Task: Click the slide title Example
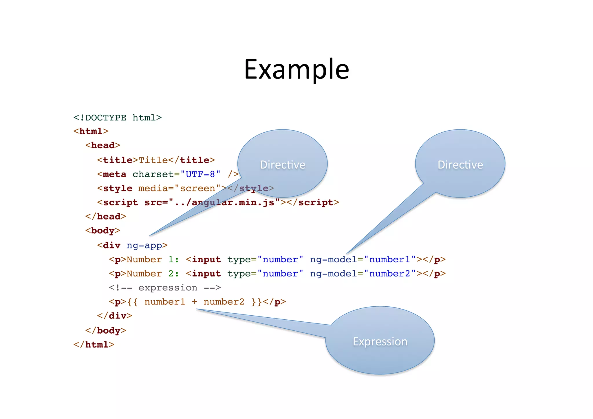pos(296,70)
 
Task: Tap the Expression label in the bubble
pos(380,342)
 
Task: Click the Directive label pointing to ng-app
pos(282,165)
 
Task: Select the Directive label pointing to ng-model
pos(460,165)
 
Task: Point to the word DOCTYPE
pos(105,118)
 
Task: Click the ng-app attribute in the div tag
pos(144,246)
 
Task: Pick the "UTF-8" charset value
pos(200,174)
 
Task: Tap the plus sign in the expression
pos(194,302)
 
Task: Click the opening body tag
pos(103,231)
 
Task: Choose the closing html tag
pos(94,345)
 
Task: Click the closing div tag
pos(115,316)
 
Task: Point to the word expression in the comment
pos(168,288)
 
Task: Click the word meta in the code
pos(115,174)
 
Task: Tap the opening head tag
pos(103,145)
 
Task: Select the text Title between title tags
pos(153,160)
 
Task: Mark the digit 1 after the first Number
pos(171,260)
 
